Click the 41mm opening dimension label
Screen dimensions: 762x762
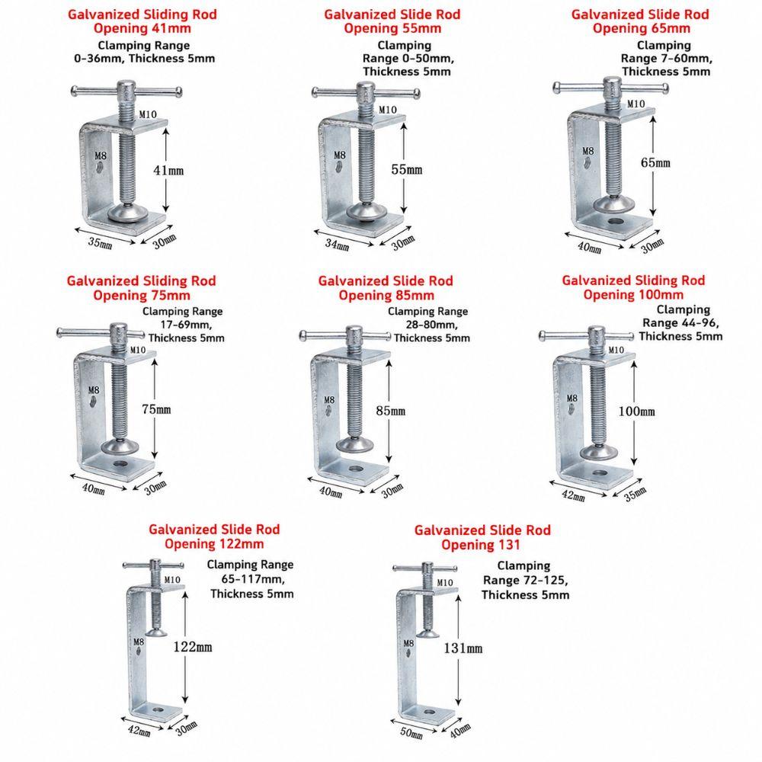168,170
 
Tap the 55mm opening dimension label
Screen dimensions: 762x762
407,169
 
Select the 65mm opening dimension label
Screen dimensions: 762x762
655,162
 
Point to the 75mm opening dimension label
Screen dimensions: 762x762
156,409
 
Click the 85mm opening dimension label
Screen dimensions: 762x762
390,411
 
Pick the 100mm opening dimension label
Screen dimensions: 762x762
636,411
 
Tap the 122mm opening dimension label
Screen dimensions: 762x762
193,647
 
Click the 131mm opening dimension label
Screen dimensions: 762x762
463,648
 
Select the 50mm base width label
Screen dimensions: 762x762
411,733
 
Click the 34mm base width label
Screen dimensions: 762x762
337,245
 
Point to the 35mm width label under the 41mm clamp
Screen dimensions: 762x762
100,242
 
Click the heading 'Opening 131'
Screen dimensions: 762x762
481,545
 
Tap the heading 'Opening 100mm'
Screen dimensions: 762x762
633,294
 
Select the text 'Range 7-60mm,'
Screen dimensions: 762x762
666,59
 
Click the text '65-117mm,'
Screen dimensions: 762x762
253,579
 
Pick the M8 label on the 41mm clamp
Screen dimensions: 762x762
100,156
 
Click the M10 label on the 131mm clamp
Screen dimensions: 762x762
445,583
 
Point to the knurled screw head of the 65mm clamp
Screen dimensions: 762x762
613,88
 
